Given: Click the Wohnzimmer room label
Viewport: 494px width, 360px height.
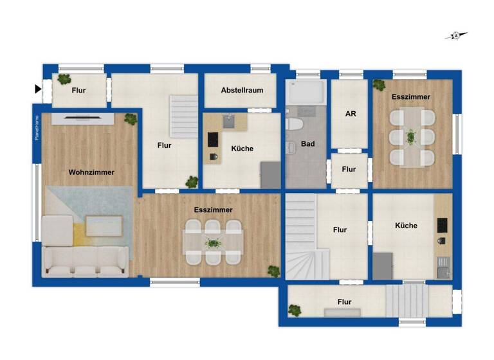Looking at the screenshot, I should click(91, 172).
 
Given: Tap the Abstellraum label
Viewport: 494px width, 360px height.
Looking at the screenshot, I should click(242, 91).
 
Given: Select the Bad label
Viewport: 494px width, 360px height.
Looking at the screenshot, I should click(308, 144).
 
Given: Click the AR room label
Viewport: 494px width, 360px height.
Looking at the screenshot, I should click(351, 114).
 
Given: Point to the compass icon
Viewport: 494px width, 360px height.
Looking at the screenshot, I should click(456, 36).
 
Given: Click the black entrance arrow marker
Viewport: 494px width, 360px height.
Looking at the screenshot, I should click(38, 89).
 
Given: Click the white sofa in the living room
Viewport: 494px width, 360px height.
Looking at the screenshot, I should click(84, 260).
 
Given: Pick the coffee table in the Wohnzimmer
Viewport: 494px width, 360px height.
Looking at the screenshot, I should click(104, 226).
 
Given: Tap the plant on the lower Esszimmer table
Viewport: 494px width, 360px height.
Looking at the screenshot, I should click(212, 242).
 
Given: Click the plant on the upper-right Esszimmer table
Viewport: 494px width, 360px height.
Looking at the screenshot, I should click(411, 136).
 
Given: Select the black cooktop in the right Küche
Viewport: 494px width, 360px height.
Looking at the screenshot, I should click(443, 225).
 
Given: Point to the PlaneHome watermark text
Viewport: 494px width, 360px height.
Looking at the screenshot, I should click(37, 127).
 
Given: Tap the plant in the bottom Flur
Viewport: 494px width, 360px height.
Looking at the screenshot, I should click(295, 310).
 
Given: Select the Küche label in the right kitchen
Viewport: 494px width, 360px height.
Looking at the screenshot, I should click(406, 226).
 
